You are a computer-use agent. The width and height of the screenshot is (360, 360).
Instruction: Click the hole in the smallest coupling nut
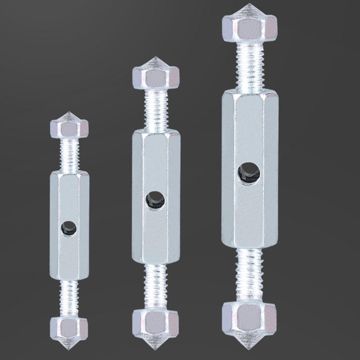[x=68, y=228]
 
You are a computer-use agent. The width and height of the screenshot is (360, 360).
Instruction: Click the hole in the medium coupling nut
[x=155, y=200]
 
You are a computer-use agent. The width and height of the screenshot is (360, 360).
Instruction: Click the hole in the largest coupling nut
[x=249, y=173]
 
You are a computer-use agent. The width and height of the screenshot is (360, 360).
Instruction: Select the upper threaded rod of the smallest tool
[x=69, y=155]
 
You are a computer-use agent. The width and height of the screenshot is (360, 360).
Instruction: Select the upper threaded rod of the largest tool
[x=249, y=65]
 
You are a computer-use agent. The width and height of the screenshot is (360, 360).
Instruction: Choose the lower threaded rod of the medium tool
[x=155, y=286]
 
